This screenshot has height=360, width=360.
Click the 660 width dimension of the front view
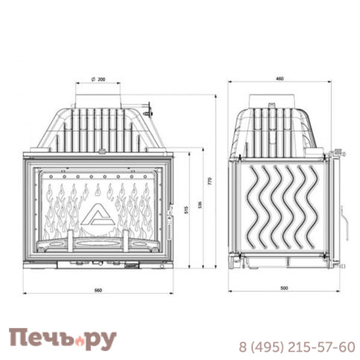pyautogui.click(x=97, y=289)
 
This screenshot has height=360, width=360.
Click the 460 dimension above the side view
pyautogui.click(x=280, y=78)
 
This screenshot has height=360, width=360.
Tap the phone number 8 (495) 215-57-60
pyautogui.click(x=297, y=347)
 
